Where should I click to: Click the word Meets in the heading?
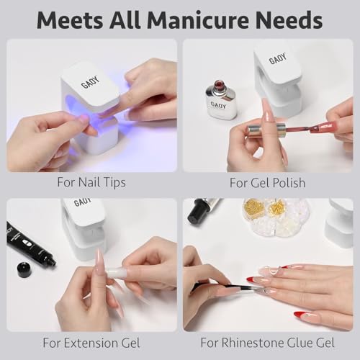click(x=70, y=21)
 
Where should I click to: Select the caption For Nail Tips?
click(x=91, y=183)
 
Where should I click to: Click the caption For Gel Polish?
click(x=268, y=183)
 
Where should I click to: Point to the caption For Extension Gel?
click(x=91, y=343)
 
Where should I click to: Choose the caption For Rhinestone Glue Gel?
click(x=268, y=343)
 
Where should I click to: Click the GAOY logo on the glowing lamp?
click(x=90, y=82)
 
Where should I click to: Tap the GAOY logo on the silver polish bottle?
click(x=218, y=105)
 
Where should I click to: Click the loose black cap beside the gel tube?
click(x=26, y=270)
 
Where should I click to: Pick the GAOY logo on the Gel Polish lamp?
click(x=278, y=59)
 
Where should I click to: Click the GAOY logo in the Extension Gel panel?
click(x=82, y=202)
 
